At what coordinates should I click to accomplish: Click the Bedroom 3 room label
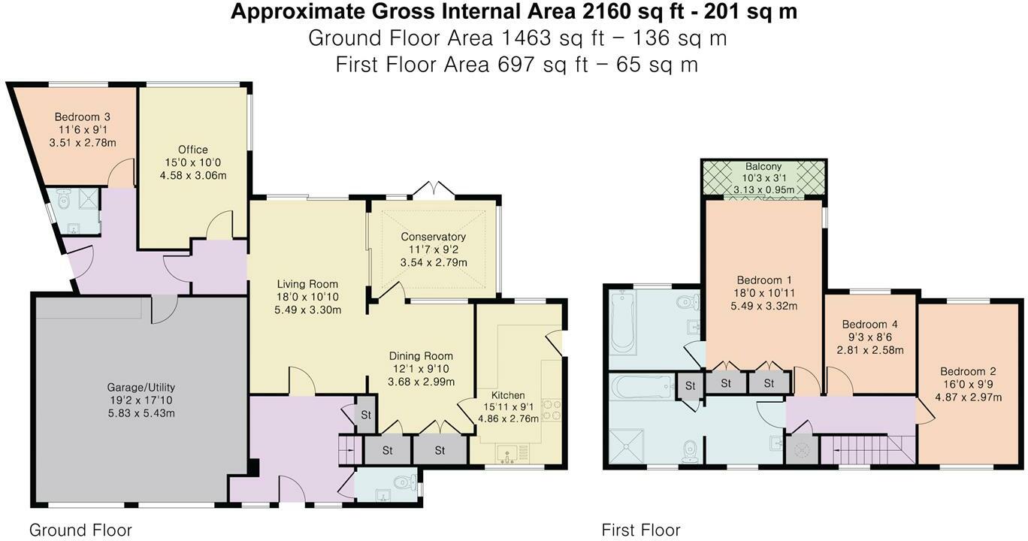tap(82, 117)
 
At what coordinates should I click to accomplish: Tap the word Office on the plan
tap(193, 150)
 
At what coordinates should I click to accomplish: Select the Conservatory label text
tap(433, 237)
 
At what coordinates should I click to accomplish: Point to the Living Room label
tap(307, 284)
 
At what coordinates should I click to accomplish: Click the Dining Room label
tap(421, 356)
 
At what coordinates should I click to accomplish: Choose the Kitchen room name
tap(507, 395)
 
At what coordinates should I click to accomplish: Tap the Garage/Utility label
tap(141, 388)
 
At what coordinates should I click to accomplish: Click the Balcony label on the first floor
tap(763, 167)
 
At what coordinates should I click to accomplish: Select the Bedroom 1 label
tap(763, 280)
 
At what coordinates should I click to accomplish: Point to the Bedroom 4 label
tap(869, 325)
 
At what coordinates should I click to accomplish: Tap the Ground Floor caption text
tap(80, 530)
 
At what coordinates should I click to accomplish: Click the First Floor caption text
tap(641, 530)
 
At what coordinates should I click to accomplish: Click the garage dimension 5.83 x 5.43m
tap(141, 413)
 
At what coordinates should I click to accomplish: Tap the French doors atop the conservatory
tap(434, 189)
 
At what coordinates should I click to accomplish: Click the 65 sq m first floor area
tap(658, 65)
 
